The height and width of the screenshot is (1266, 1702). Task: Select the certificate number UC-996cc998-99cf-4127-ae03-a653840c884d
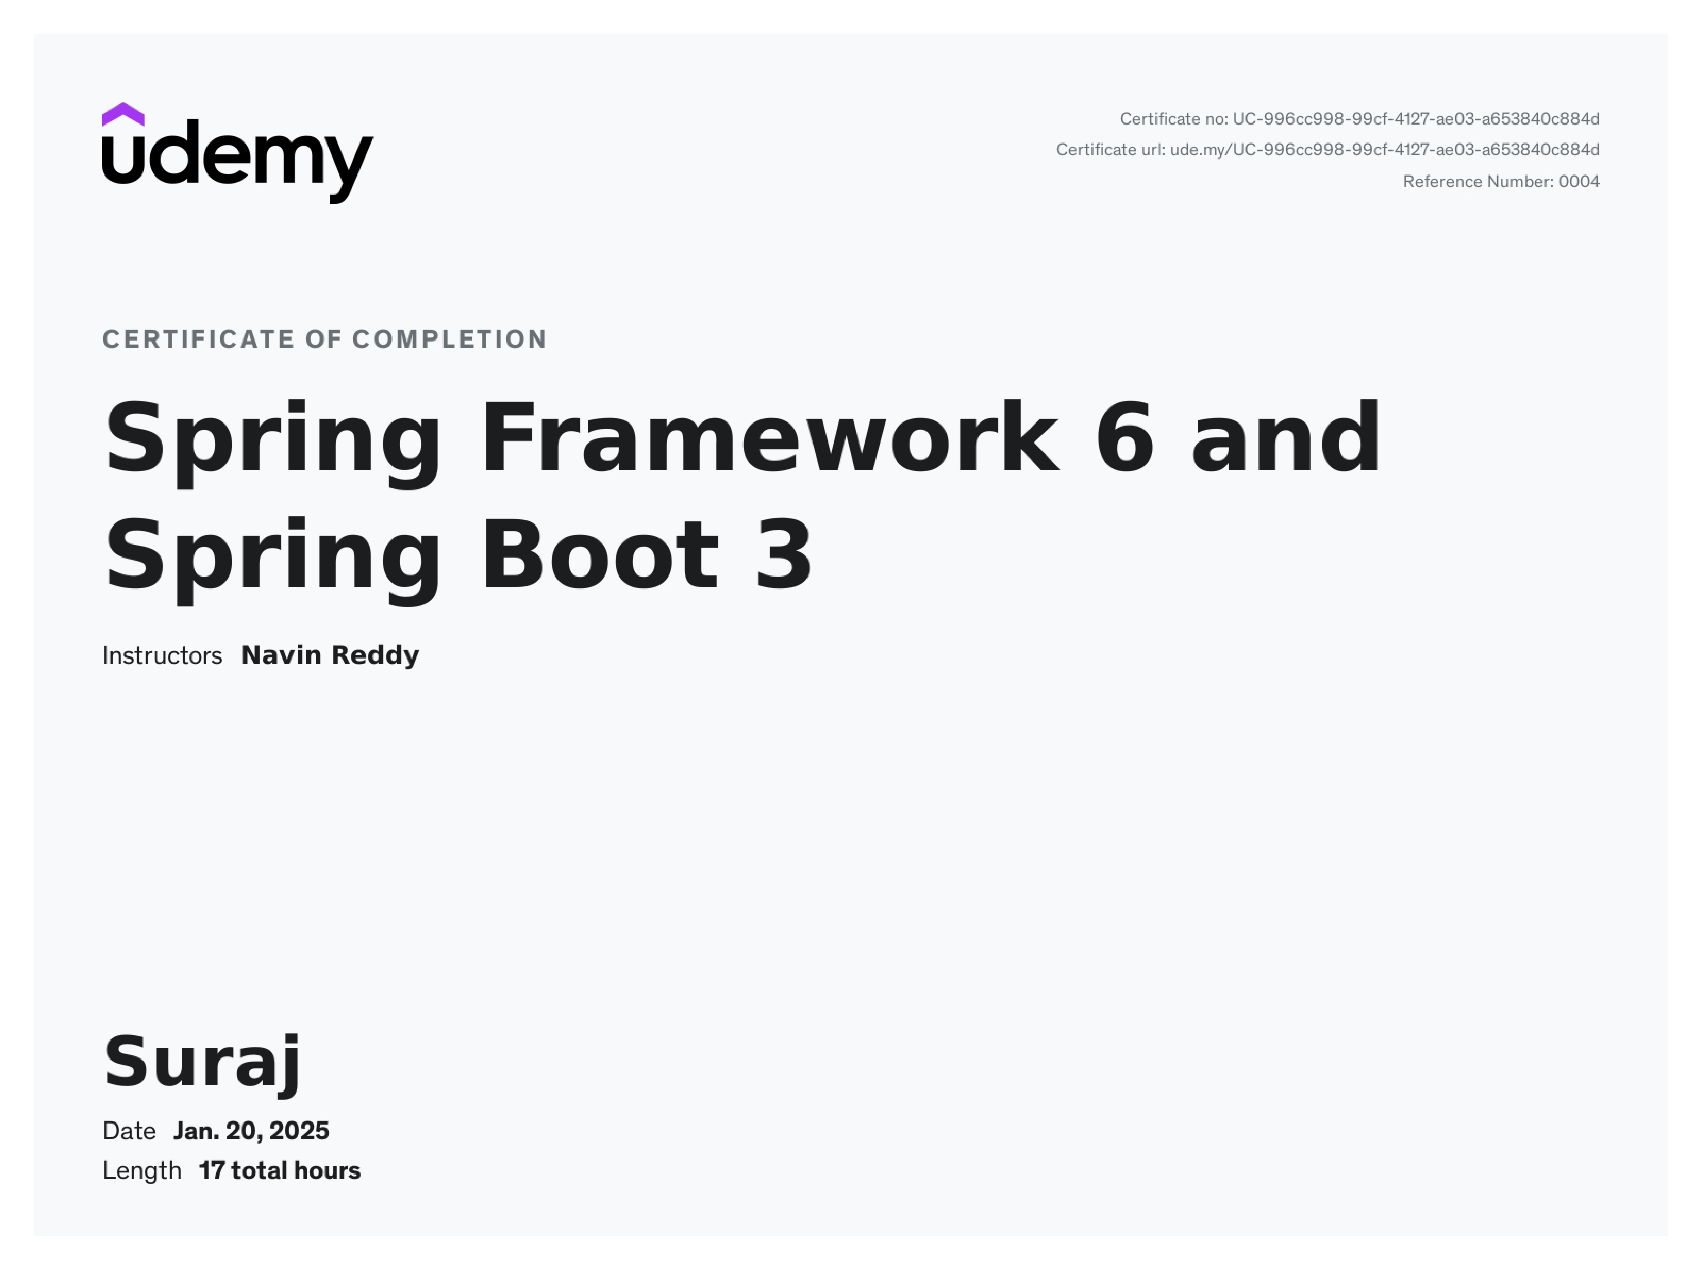(x=1415, y=119)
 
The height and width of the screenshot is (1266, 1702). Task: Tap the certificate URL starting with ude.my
(x=1384, y=149)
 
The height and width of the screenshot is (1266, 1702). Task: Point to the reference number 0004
(x=1579, y=182)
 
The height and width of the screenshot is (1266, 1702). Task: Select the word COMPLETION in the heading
(x=450, y=340)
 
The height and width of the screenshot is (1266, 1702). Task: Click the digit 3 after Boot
(x=783, y=556)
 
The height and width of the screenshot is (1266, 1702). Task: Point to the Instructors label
(x=162, y=656)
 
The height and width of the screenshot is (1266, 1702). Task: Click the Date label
(x=129, y=1131)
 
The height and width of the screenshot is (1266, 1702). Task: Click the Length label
(x=142, y=1171)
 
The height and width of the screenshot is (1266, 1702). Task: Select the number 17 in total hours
(x=211, y=1171)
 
